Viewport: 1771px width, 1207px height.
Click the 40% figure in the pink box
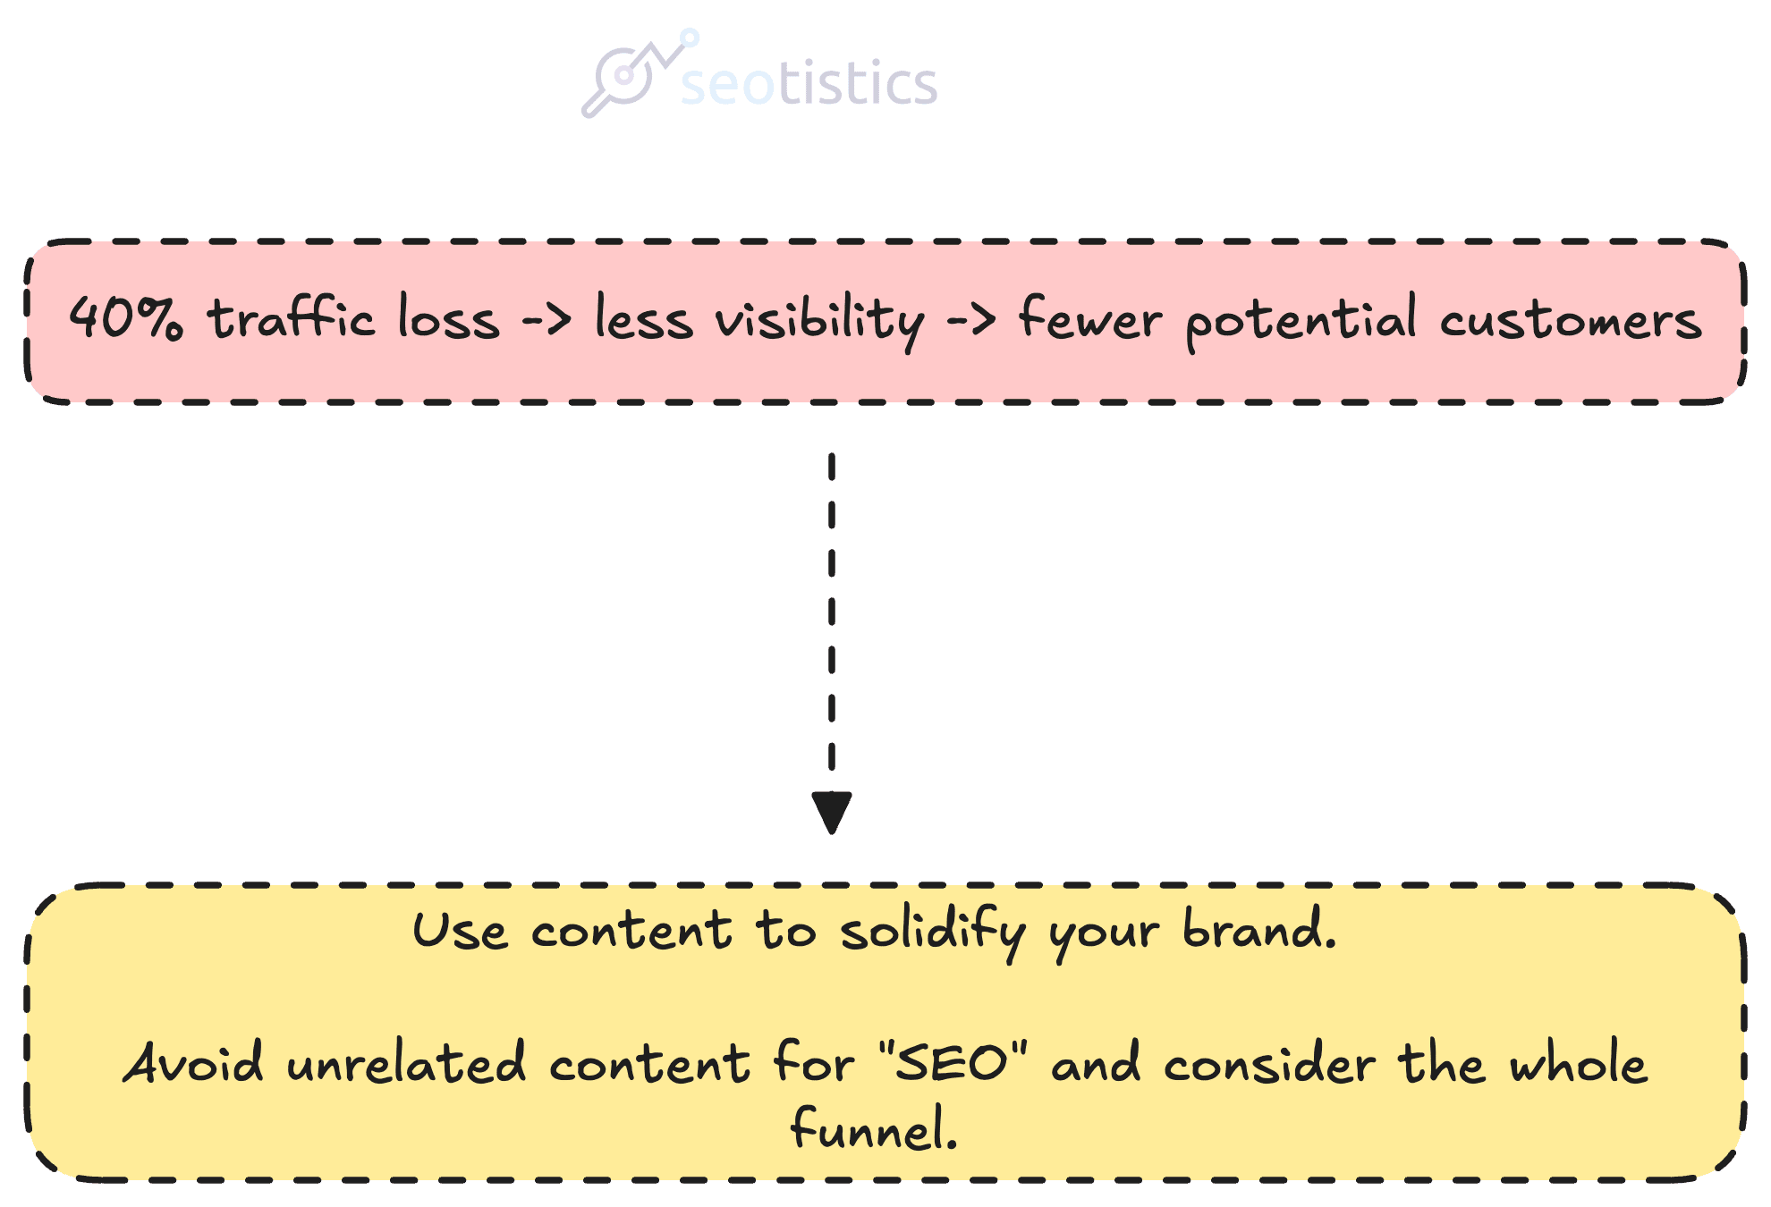pos(126,317)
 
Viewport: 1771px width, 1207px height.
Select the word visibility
pos(819,320)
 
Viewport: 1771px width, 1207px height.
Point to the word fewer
pos(1090,317)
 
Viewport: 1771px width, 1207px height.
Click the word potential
pos(1301,320)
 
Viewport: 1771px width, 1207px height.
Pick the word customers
pos(1571,320)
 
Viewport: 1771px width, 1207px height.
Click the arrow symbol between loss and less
pos(547,319)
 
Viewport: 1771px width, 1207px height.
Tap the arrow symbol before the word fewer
pos(971,319)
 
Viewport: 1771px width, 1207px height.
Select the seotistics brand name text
pos(809,82)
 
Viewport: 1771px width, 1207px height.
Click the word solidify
pos(933,933)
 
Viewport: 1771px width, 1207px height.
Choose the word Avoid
pos(193,1062)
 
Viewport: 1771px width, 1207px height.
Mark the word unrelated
pos(406,1062)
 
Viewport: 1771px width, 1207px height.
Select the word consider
pos(1270,1062)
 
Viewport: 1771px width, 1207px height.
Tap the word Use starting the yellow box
pos(460,930)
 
